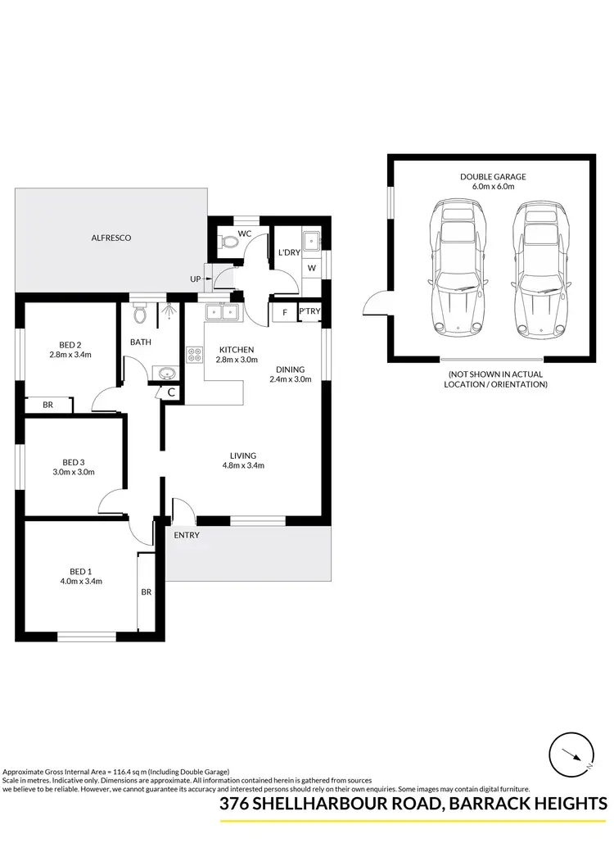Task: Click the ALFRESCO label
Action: (x=112, y=238)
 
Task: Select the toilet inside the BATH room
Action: (x=139, y=314)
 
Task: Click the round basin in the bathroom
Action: (x=167, y=374)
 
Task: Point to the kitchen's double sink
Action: (x=220, y=311)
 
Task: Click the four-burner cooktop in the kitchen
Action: (x=196, y=355)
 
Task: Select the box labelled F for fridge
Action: (x=283, y=312)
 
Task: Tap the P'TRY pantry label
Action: (x=309, y=311)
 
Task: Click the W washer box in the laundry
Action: (x=311, y=267)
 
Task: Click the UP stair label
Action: (x=195, y=279)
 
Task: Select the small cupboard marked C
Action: (x=170, y=392)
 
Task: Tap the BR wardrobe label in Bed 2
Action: (x=47, y=405)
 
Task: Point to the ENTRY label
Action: (x=187, y=535)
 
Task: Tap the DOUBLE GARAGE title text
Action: (x=492, y=176)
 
